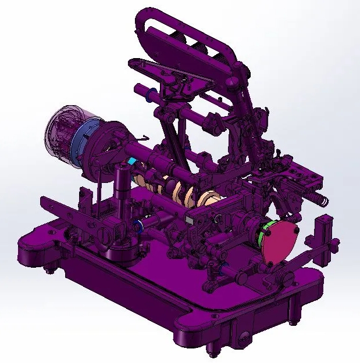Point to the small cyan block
coord(133,160)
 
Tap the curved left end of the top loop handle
coord(140,23)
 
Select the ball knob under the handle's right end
coord(233,82)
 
